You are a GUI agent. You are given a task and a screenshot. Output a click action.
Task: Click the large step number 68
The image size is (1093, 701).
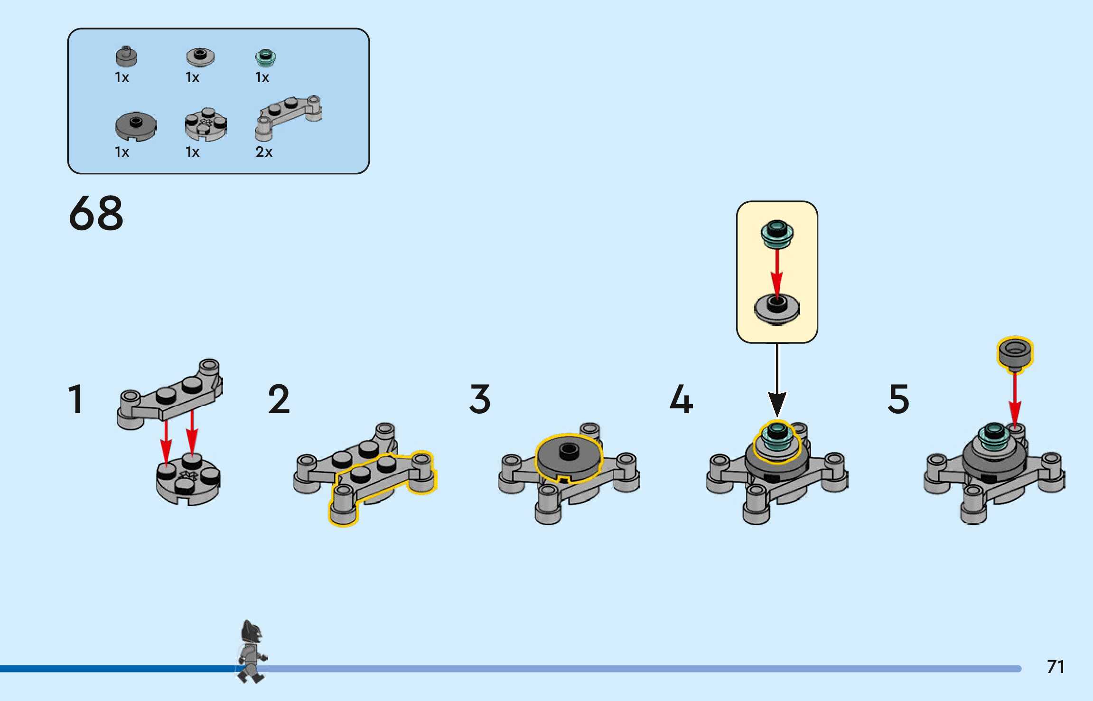tap(96, 213)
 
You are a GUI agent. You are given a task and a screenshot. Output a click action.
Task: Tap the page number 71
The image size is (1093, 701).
tap(1055, 667)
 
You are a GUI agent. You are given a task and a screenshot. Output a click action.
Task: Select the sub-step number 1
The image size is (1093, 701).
tap(76, 399)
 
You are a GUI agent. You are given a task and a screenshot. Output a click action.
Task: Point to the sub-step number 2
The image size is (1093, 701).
tap(279, 399)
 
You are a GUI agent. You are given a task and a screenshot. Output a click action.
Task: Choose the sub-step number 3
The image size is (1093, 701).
tap(480, 399)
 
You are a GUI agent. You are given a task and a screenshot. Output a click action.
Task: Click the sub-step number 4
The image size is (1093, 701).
tap(681, 399)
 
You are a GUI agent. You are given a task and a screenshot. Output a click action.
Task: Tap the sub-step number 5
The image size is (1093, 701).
tap(898, 399)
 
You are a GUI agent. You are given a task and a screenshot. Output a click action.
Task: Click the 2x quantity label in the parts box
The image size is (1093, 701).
tap(264, 152)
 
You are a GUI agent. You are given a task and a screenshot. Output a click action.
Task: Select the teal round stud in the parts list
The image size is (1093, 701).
tap(265, 58)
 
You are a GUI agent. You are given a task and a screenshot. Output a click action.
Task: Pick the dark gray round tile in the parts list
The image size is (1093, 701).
tap(136, 126)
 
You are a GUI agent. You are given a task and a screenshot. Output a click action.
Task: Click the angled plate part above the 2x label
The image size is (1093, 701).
tap(288, 117)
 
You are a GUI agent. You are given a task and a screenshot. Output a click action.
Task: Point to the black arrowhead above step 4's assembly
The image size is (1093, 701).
tap(777, 404)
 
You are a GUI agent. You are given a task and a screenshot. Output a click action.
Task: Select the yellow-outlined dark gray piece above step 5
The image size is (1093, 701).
tap(1015, 354)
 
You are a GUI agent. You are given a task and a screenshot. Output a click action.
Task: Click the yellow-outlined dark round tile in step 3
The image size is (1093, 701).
tap(569, 457)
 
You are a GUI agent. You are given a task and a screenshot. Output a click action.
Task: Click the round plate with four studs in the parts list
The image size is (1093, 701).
tap(206, 124)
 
